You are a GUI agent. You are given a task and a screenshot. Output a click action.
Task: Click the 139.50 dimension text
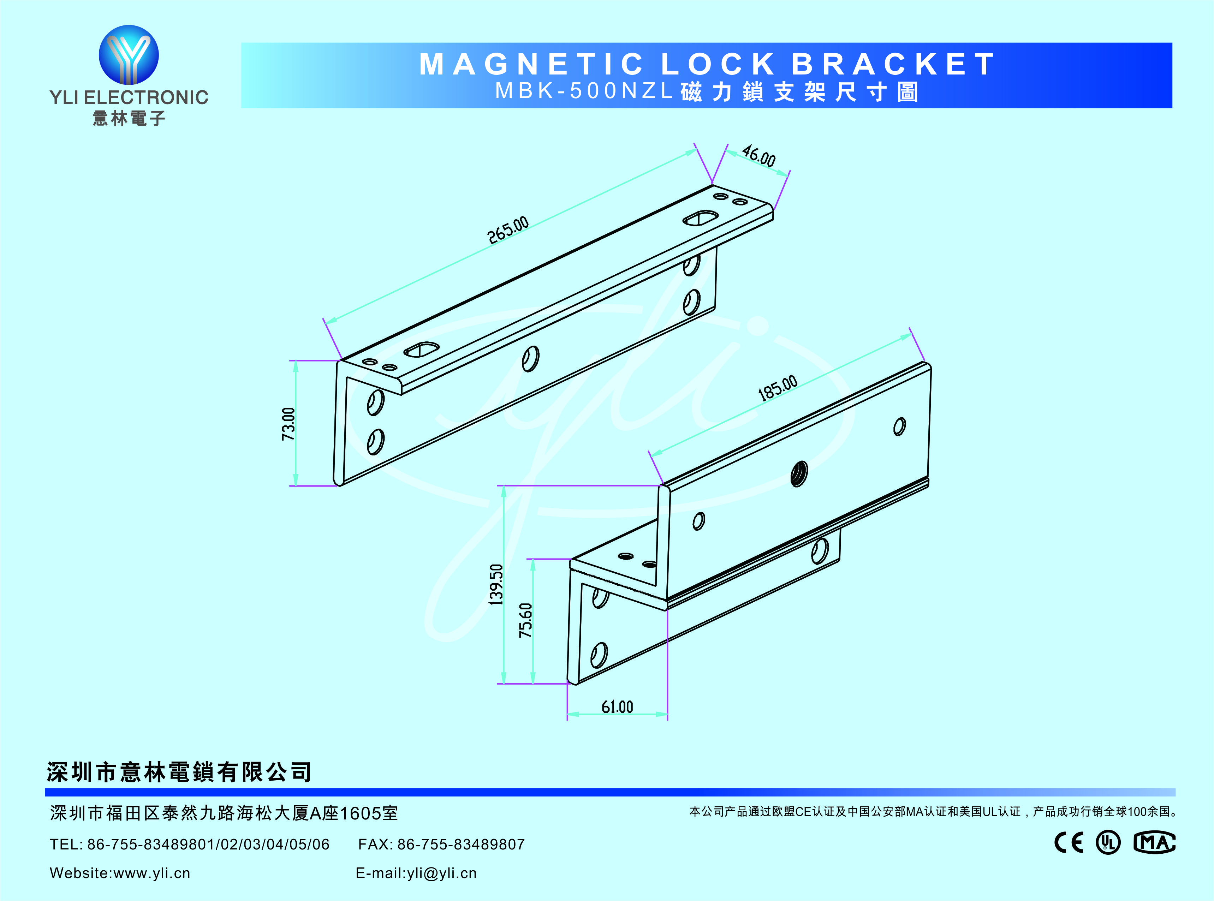click(x=496, y=584)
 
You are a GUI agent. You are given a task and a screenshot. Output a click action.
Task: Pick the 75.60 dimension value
click(x=525, y=620)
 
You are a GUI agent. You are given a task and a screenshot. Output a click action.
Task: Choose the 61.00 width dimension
click(x=617, y=707)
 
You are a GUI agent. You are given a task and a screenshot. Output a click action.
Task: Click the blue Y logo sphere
click(x=129, y=54)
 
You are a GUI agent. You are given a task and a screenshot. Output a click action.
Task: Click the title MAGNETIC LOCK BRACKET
click(x=707, y=64)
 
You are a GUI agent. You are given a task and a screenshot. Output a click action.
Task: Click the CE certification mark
click(x=1069, y=843)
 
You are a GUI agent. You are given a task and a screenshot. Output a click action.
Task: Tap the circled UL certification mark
click(x=1108, y=843)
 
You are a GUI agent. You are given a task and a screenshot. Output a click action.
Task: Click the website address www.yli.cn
click(x=152, y=873)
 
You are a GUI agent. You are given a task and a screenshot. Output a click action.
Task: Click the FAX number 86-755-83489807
click(x=461, y=844)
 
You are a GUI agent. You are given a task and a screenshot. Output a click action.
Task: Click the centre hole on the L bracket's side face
click(x=530, y=359)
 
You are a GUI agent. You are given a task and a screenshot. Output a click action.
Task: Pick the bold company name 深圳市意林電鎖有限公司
click(x=179, y=772)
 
